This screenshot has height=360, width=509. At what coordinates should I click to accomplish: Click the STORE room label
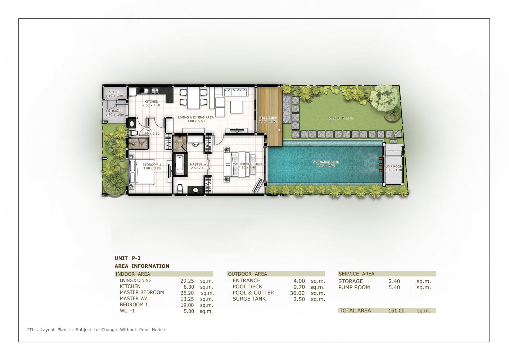(114, 92)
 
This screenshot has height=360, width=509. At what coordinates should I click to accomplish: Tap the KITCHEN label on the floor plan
(151, 102)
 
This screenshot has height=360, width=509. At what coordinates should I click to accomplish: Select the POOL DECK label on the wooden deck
(268, 118)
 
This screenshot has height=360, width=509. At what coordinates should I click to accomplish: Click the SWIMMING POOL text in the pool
(326, 162)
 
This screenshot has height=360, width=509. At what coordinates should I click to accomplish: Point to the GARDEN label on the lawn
(341, 118)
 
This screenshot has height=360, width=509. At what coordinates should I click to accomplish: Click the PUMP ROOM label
(393, 167)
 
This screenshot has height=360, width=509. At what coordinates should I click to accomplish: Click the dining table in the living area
(193, 98)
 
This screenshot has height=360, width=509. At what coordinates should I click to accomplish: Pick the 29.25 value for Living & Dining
(187, 281)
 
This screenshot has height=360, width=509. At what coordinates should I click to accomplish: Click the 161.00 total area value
(396, 311)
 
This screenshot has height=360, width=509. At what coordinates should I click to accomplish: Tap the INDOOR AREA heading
(132, 274)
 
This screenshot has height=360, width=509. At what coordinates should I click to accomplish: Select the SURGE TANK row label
(249, 299)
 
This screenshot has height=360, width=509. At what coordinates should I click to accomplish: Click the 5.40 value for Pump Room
(394, 287)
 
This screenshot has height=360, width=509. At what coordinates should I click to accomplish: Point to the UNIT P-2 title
(127, 258)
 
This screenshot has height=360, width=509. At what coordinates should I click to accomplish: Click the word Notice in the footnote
(158, 329)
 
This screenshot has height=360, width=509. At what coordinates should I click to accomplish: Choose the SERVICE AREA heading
(356, 274)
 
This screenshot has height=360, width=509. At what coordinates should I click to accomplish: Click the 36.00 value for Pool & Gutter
(297, 293)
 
